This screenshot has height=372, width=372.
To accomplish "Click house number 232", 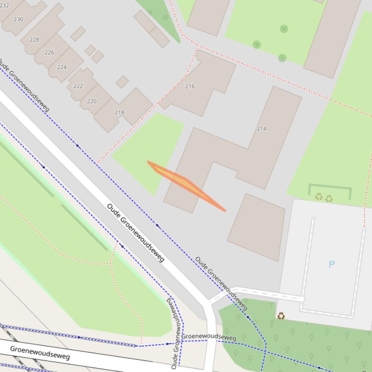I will pos(4,5).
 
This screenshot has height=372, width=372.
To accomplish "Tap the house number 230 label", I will pos(18,19).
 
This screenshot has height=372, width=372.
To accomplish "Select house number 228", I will pos(34,40).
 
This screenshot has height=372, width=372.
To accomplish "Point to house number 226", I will pos(49,52).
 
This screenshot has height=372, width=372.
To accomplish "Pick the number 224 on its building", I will pos(61,67).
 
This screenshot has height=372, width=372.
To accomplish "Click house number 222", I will pos(78,86).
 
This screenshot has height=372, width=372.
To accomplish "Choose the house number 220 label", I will pos(91,101).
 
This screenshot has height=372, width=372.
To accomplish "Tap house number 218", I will pos(119,113).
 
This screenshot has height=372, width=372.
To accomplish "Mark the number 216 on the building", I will pos(190,86).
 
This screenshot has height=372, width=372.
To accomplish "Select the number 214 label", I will pos(261,129).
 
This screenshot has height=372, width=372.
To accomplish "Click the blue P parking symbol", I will pos(331,264).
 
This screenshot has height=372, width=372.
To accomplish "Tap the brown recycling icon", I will pos(281,316).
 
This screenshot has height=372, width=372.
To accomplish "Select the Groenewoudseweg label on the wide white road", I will pos(40,353).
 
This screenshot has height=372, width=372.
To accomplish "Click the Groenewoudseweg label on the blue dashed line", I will pos(208,336).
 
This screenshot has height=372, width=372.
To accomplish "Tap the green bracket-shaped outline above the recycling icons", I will pos(329,186).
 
